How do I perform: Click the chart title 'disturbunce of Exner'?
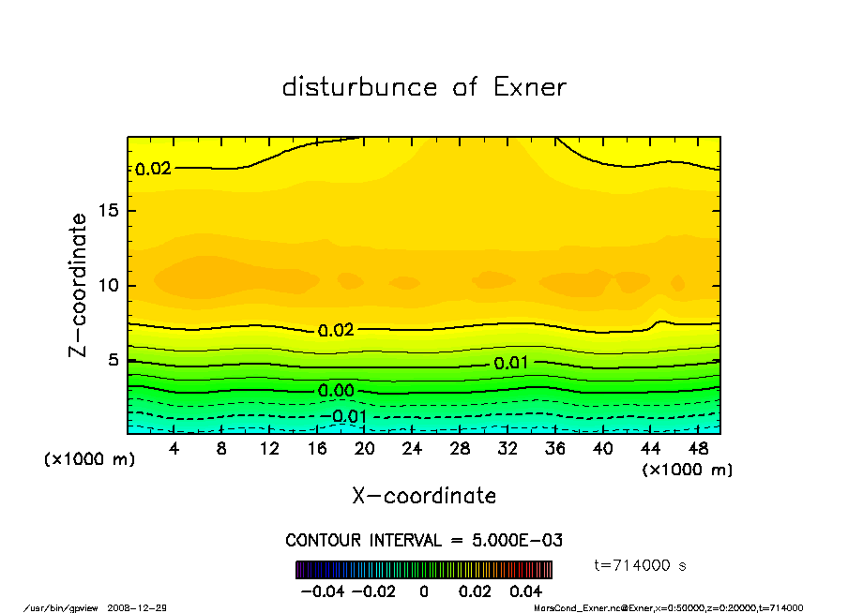[424, 88]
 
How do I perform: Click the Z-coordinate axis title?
[79, 285]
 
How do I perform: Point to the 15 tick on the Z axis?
[108, 211]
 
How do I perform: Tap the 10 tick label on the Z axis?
[108, 285]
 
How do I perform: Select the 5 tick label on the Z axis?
[113, 360]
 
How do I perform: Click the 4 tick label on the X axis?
[174, 449]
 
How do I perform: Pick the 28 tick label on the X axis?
[460, 449]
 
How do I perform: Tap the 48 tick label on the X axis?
[697, 449]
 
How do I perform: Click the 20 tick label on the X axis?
[365, 449]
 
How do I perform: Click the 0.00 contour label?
[336, 391]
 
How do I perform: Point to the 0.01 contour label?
[511, 363]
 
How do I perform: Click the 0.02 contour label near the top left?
[154, 170]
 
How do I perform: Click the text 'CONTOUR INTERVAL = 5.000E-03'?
[424, 541]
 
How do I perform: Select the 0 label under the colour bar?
[424, 591]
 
